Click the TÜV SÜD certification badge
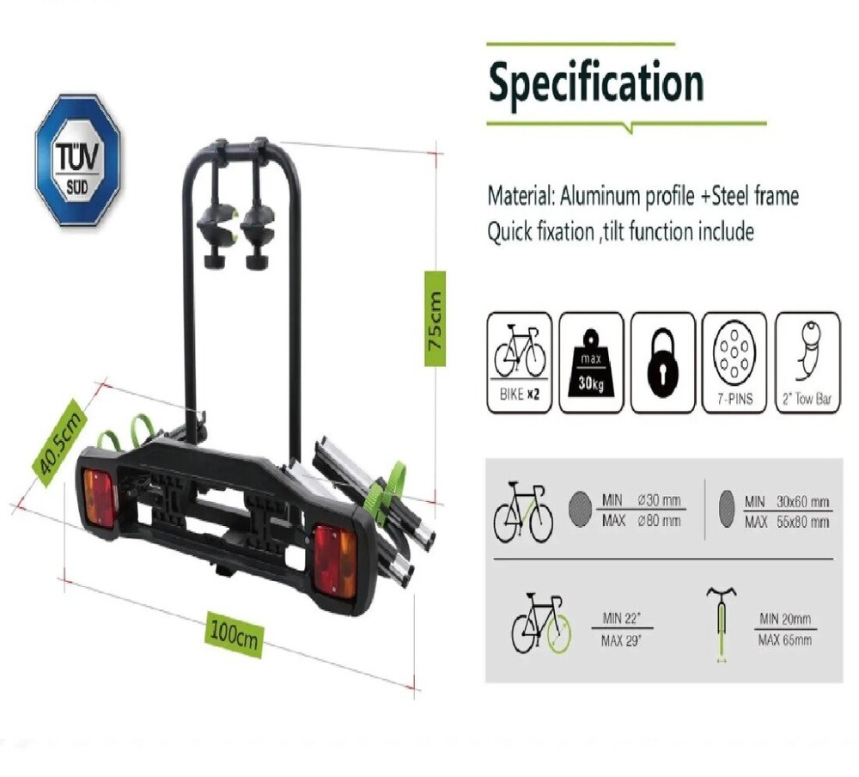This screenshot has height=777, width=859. click(x=78, y=160)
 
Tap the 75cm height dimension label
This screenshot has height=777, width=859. click(x=435, y=319)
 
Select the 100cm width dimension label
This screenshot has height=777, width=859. click(x=234, y=633)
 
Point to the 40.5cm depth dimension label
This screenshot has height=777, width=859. click(x=58, y=442)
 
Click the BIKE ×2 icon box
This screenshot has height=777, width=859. click(x=520, y=363)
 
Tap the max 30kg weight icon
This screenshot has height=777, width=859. click(x=591, y=363)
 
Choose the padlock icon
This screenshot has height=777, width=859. click(x=663, y=363)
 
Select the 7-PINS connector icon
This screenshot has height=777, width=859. click(x=734, y=363)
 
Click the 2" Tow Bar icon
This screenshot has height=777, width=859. click(x=807, y=363)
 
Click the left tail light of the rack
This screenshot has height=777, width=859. click(x=99, y=499)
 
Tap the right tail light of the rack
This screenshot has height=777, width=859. click(x=335, y=560)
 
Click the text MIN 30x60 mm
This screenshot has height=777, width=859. click(x=787, y=502)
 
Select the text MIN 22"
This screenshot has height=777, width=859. click(x=621, y=619)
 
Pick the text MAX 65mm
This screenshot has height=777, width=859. click(x=785, y=640)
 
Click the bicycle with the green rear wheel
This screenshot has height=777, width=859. click(x=541, y=623)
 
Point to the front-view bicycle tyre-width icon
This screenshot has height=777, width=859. click(x=722, y=625)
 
